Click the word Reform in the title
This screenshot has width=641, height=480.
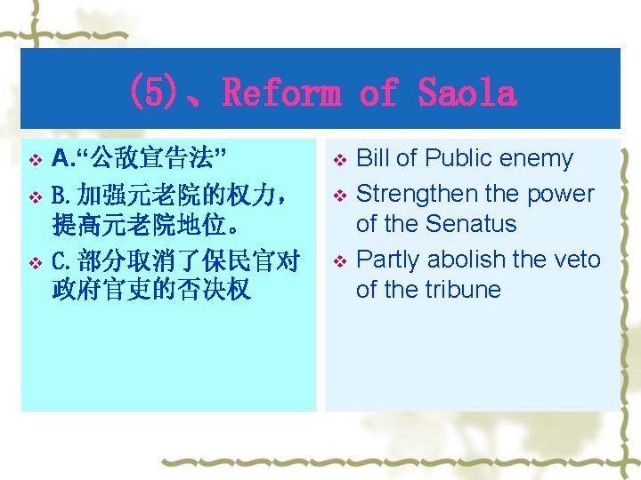pyautogui.click(x=281, y=92)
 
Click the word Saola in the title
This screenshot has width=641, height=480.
pyautogui.click(x=467, y=92)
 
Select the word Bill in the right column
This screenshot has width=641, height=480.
pyautogui.click(x=372, y=158)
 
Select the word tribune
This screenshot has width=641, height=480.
pyautogui.click(x=459, y=289)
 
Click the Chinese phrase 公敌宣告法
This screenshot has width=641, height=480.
pyautogui.click(x=151, y=159)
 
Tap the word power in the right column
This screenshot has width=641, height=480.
pyautogui.click(x=562, y=193)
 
